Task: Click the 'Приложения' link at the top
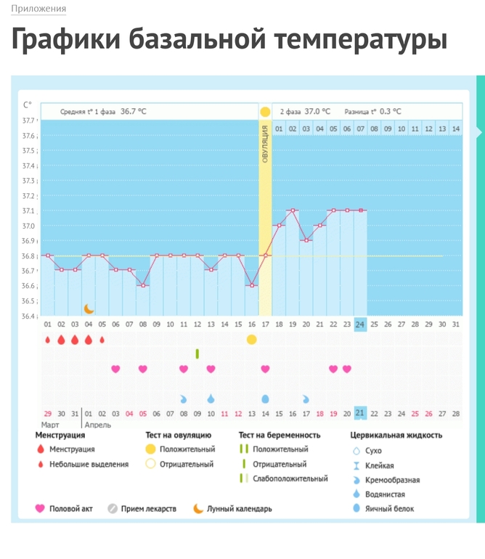(x=38, y=9)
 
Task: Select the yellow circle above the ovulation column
(x=265, y=112)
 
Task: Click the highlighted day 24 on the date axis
(x=360, y=325)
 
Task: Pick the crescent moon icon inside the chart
(x=89, y=309)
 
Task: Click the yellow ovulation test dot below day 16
(x=251, y=339)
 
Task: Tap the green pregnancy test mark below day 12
(x=197, y=354)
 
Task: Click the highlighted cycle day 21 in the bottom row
(x=360, y=413)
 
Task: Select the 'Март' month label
(x=50, y=425)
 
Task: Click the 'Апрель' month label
(x=98, y=425)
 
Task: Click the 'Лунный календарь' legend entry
(x=239, y=509)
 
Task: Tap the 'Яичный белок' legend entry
(x=390, y=509)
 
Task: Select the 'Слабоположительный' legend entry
(x=290, y=478)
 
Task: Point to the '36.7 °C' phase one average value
(x=133, y=112)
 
